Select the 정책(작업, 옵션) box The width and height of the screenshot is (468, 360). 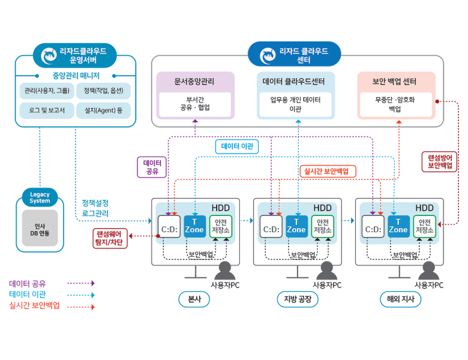point(103,91)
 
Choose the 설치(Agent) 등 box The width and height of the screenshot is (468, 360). point(103,110)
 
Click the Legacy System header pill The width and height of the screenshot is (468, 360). point(40,197)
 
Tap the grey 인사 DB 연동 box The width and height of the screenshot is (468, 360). point(40,229)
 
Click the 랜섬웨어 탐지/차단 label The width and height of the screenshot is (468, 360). point(110,238)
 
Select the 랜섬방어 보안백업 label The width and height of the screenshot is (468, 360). point(440,161)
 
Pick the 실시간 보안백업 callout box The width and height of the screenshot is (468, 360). point(328,171)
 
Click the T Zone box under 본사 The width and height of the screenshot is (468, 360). point(194,226)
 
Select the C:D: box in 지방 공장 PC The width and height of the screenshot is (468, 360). point(271,227)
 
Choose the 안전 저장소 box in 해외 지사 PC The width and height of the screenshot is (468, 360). point(424,226)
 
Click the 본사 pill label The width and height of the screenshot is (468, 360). point(194,299)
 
